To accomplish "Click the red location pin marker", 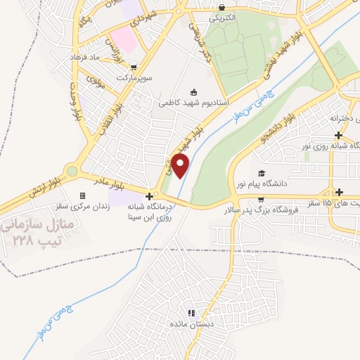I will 181,166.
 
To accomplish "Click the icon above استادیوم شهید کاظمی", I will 193,91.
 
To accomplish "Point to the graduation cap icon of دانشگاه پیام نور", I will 262,173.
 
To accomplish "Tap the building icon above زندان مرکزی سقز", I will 82,196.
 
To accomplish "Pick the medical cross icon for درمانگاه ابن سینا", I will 148,196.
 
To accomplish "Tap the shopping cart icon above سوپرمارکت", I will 124,67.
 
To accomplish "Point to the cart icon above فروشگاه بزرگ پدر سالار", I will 261,198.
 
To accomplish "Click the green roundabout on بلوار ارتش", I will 71,170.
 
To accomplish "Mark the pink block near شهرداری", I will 123,39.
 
